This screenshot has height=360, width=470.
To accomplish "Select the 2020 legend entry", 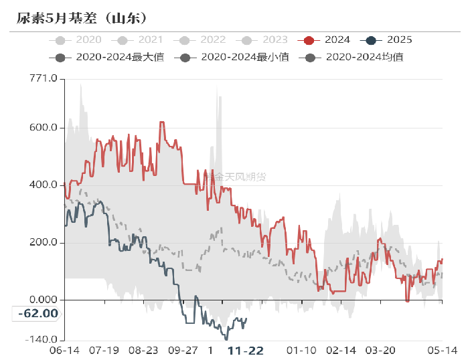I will pyautogui.click(x=80, y=40).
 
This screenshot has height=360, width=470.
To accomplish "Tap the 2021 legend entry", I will pyautogui.click(x=141, y=40).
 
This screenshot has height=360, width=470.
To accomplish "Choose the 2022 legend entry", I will pyautogui.click(x=203, y=40).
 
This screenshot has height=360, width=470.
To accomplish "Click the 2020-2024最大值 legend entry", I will pyautogui.click(x=110, y=58).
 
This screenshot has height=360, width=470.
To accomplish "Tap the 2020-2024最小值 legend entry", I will pyautogui.click(x=235, y=58).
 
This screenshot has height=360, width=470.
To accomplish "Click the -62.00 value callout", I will pyautogui.click(x=37, y=313).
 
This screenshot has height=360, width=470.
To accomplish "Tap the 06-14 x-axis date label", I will pyautogui.click(x=65, y=351).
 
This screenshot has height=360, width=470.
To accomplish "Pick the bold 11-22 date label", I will pyautogui.click(x=246, y=351).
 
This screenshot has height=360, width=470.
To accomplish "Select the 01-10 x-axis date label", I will pyautogui.click(x=301, y=351).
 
